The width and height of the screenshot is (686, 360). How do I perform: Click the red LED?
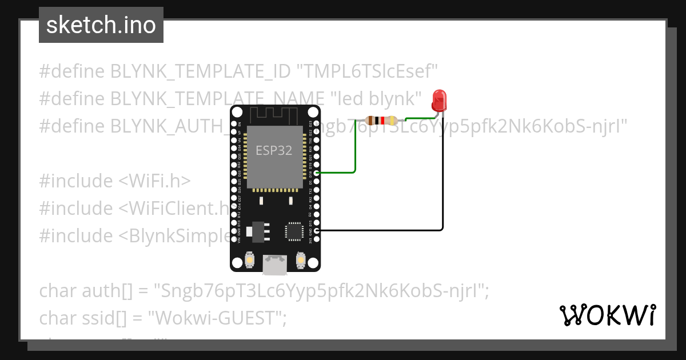[x=439, y=100]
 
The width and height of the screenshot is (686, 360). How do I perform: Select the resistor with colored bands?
[x=380, y=121]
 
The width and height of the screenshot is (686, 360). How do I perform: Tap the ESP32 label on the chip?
[x=274, y=151]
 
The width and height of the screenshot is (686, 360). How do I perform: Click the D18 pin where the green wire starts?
[x=317, y=172]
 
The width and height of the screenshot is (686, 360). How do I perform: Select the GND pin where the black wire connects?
[x=317, y=230]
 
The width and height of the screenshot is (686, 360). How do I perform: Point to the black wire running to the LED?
[x=442, y=183]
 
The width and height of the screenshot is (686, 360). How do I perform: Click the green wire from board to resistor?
[x=355, y=154]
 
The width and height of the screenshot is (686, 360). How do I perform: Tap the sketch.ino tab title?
[x=101, y=25]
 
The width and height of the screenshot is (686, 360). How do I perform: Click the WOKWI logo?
[x=607, y=315]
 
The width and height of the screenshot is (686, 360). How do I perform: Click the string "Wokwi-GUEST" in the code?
[x=220, y=318]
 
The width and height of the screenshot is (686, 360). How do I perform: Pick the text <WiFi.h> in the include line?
[x=154, y=181]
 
